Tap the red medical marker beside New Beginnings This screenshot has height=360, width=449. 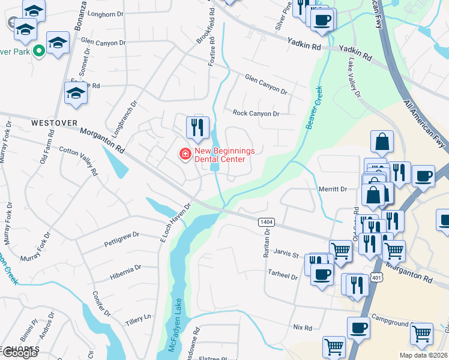coord(185,155)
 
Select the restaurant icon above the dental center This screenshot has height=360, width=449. coord(197,127)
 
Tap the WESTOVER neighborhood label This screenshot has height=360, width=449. coord(54,122)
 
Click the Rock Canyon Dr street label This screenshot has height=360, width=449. coord(256,113)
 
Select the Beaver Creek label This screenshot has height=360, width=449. coord(314,107)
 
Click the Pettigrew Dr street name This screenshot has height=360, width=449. coord(121,235)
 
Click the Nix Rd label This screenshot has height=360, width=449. coord(303,328)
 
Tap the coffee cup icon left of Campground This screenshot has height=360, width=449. coord(359,328)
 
